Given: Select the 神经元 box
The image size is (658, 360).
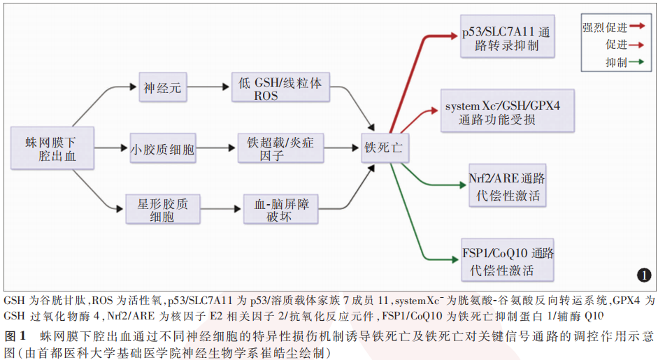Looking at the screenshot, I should (x=163, y=88).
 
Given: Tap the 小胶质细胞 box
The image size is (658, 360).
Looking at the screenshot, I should (x=163, y=148).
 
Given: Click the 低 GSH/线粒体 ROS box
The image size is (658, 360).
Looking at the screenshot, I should (x=280, y=88).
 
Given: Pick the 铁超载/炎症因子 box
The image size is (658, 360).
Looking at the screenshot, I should (x=280, y=148).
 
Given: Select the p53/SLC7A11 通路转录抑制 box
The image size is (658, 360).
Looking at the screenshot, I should (x=506, y=38).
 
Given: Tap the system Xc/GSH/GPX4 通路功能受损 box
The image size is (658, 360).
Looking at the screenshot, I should (x=508, y=112).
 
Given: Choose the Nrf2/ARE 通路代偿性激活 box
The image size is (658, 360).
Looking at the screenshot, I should (x=508, y=185).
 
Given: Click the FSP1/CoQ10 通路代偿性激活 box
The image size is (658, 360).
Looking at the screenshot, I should (x=508, y=260).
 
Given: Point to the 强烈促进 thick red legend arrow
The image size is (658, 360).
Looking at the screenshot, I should (x=636, y=27).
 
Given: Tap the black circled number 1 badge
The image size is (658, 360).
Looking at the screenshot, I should (x=643, y=274).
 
